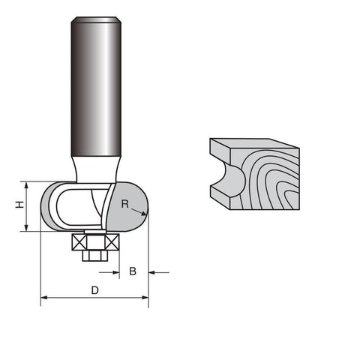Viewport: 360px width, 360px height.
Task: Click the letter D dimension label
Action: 94,289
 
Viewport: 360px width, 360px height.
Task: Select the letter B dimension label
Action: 133,271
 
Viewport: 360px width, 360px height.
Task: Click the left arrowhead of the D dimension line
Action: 44,298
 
